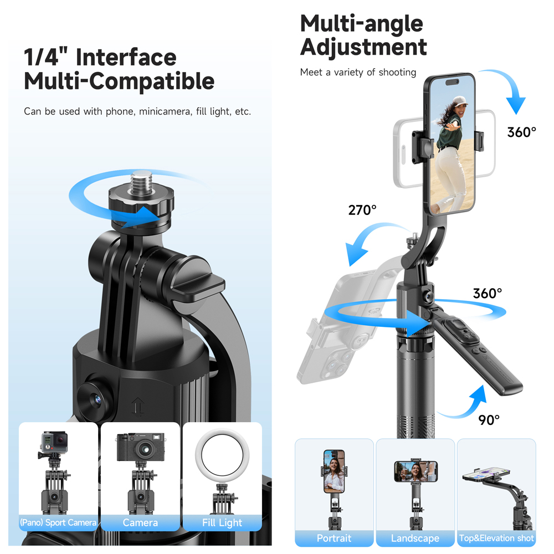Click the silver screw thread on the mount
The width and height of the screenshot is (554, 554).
(x=141, y=183)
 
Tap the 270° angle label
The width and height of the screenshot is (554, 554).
(x=362, y=210)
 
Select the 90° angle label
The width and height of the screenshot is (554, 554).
(x=489, y=420)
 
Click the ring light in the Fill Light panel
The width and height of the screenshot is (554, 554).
(x=222, y=455)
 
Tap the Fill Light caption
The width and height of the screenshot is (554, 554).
(x=222, y=522)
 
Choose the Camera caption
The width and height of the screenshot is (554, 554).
(x=140, y=522)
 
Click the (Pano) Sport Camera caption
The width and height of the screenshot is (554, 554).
(x=58, y=522)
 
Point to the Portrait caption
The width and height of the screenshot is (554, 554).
(x=334, y=538)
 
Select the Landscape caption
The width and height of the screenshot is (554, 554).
(x=415, y=538)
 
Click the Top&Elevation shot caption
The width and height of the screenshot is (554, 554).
(x=496, y=538)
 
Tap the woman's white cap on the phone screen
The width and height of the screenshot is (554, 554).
(x=460, y=101)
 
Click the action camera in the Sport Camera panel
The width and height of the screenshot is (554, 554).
(x=54, y=442)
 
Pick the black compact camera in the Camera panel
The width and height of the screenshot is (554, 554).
(x=141, y=447)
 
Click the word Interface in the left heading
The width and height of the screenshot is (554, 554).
(x=126, y=57)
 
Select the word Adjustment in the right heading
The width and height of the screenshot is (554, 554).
(x=363, y=47)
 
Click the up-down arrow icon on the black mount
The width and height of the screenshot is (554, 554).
(x=137, y=406)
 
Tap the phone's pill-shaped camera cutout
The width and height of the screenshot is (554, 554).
(x=452, y=83)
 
